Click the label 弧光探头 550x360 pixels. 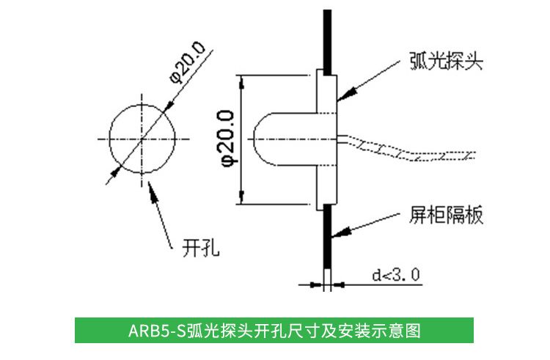(446, 62)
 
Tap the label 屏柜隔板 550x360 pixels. (446, 215)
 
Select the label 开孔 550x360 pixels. (201, 248)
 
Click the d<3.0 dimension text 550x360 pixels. (396, 275)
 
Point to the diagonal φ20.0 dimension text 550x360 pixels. (188, 62)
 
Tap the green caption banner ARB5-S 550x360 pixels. (274, 330)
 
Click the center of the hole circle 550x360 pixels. (142, 139)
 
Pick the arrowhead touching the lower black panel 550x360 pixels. (341, 232)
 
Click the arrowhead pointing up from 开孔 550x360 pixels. (153, 191)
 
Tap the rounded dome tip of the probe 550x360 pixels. (255, 139)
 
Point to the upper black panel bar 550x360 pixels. (327, 42)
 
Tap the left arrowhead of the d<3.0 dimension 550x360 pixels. (316, 285)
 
